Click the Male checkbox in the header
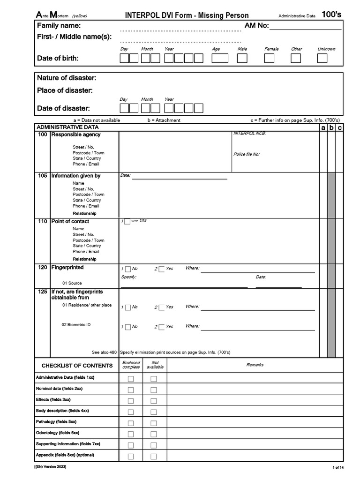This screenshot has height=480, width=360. [242, 58]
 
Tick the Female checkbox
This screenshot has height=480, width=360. [269, 58]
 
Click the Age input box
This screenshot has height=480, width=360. [220, 58]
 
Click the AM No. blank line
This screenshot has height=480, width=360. [305, 26]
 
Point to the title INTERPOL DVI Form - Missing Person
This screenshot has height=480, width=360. [187, 15]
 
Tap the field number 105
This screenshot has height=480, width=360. [43, 176]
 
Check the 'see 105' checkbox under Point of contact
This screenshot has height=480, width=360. [127, 222]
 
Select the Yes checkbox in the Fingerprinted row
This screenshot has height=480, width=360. [162, 269]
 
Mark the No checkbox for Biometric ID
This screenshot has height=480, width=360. [127, 327]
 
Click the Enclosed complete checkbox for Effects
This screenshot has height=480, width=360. [131, 401]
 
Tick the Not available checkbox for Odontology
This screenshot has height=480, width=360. [153, 434]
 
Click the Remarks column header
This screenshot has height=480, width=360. [255, 365]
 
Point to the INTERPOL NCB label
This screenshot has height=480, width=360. [249, 134]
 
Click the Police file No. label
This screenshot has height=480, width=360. [247, 154]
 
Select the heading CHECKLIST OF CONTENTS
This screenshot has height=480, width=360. [77, 366]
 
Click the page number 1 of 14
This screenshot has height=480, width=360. [338, 468]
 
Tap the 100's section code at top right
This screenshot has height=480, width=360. [331, 15]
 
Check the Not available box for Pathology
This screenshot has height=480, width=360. [153, 423]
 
